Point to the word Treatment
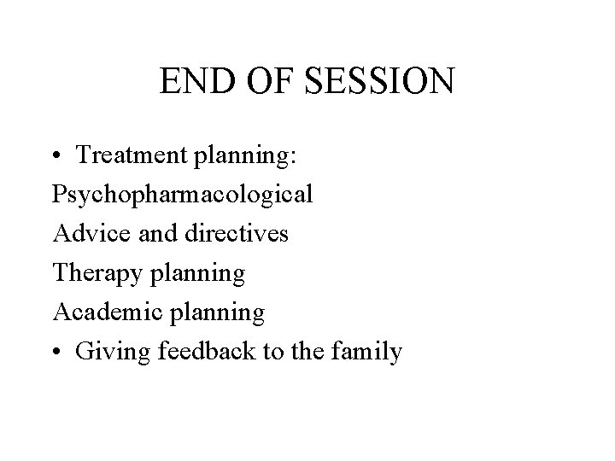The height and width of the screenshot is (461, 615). tap(121, 155)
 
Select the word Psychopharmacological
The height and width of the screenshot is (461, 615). tap(182, 195)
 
